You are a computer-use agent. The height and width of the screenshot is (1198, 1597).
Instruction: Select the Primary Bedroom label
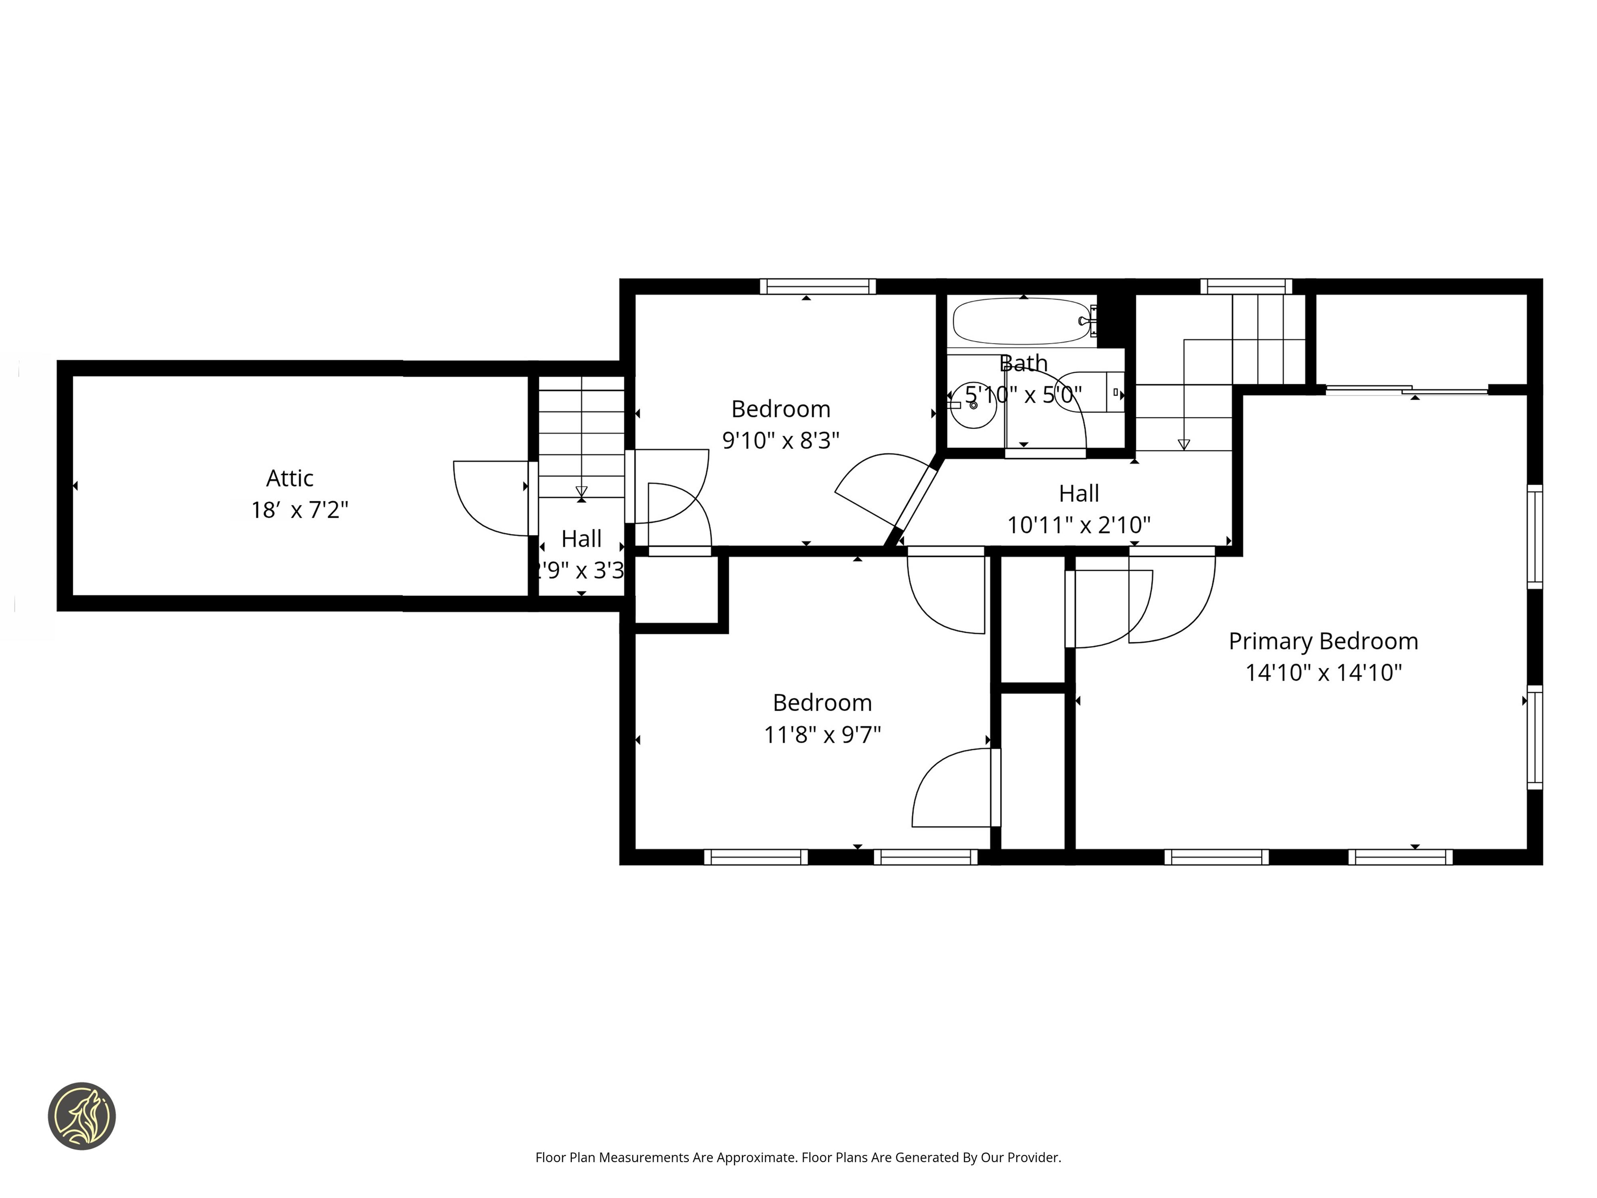[1323, 641]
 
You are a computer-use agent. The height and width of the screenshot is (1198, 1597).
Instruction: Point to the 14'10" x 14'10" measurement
[1323, 673]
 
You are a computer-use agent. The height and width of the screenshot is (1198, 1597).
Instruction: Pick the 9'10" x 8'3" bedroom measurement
[780, 440]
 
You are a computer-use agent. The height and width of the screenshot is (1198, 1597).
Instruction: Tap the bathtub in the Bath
[1021, 321]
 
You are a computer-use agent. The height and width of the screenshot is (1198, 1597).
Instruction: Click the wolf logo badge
[82, 1116]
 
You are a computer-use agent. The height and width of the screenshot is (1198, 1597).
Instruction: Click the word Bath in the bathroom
[1023, 363]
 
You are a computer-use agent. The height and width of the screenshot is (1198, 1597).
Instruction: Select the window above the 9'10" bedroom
[817, 287]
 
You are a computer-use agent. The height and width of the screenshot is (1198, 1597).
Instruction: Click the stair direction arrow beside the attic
[581, 492]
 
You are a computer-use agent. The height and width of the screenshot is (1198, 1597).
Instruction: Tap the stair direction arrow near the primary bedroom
[1183, 445]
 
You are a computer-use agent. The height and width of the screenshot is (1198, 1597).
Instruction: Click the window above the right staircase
[1246, 287]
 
